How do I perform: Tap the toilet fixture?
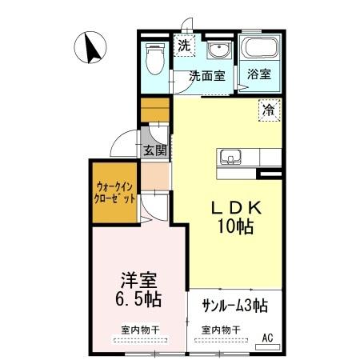(154, 58)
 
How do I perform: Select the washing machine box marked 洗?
(185, 46)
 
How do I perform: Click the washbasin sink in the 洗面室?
(217, 52)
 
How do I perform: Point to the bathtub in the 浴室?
(260, 50)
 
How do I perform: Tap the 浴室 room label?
(258, 75)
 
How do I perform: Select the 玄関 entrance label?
(155, 150)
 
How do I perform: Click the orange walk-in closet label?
(114, 192)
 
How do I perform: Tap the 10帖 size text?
(234, 226)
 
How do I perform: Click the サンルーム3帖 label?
(234, 306)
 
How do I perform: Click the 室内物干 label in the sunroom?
(221, 329)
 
